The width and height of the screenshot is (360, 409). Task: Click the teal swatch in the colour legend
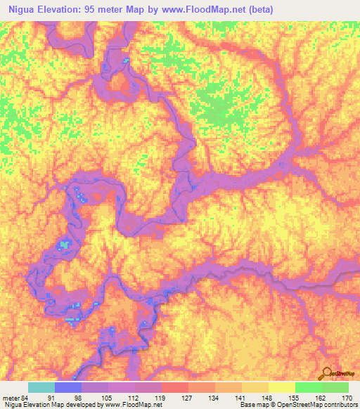pyautogui.click(x=41, y=387)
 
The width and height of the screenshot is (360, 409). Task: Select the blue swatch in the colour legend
pyautogui.click(x=68, y=387)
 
